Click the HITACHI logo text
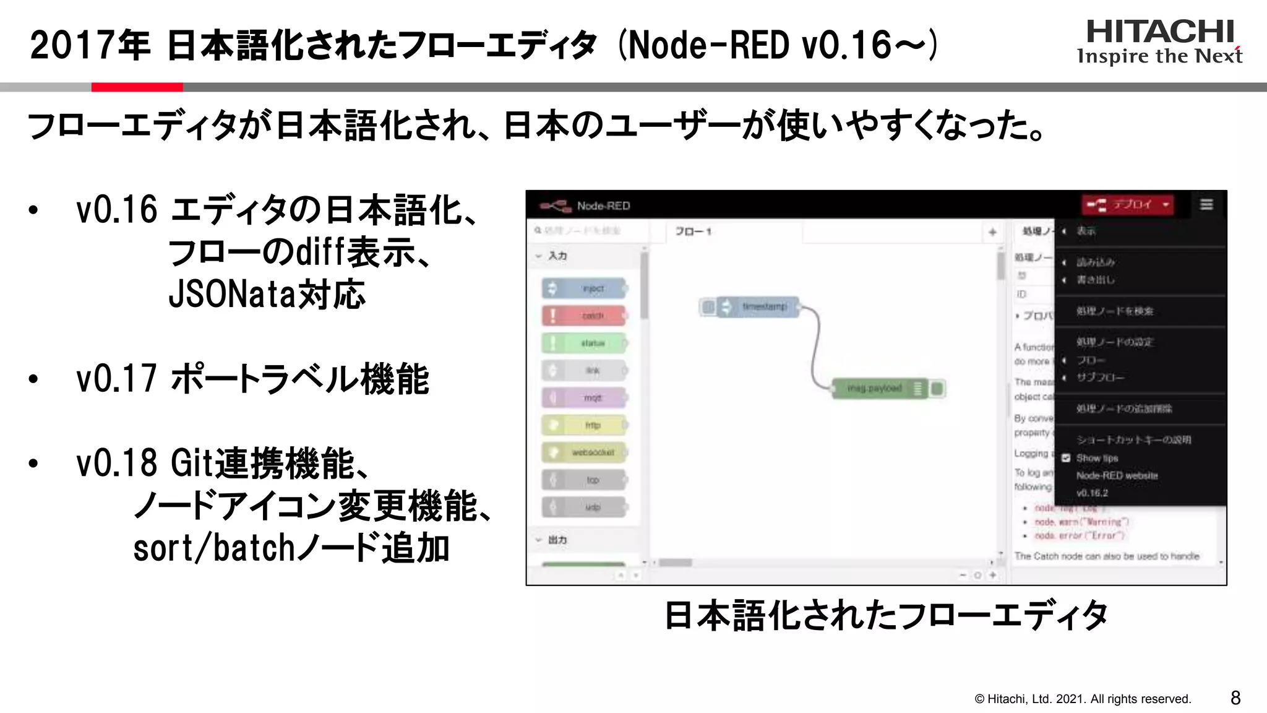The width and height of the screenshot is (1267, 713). pyautogui.click(x=1160, y=32)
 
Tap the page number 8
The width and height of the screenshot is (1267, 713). pyautogui.click(x=1235, y=698)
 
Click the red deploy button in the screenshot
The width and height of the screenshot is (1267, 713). pyautogui.click(x=1127, y=205)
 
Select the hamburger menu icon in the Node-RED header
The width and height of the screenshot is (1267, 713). pyautogui.click(x=1206, y=205)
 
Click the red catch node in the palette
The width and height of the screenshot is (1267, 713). pyautogui.click(x=585, y=316)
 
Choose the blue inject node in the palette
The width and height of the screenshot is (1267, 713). pyautogui.click(x=585, y=288)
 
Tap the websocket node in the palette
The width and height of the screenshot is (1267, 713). pyautogui.click(x=585, y=452)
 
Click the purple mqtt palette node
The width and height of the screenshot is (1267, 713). pyautogui.click(x=585, y=398)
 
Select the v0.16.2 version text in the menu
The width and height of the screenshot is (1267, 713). pyautogui.click(x=1092, y=493)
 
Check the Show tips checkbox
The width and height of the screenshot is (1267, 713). pyautogui.click(x=1066, y=458)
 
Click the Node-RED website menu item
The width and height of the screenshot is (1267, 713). pyautogui.click(x=1117, y=475)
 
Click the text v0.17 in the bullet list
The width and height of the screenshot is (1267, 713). pyautogui.click(x=116, y=379)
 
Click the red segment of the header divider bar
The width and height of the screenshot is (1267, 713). pyautogui.click(x=137, y=87)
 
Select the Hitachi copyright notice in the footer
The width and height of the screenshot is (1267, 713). pyautogui.click(x=1083, y=699)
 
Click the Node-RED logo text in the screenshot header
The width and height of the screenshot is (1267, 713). pyautogui.click(x=603, y=206)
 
